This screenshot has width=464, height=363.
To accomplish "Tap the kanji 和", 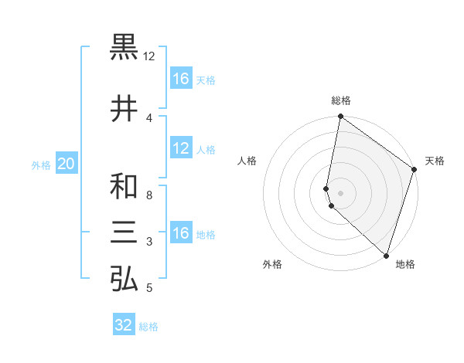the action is click(x=125, y=186).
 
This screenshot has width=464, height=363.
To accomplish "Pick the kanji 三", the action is click(x=125, y=232).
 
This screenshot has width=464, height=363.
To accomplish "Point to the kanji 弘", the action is click(x=125, y=279).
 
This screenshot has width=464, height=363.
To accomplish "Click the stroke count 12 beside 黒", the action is click(x=149, y=56).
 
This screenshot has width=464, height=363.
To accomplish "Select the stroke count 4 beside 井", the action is click(x=149, y=117).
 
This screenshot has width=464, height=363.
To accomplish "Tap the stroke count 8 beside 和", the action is click(x=149, y=195).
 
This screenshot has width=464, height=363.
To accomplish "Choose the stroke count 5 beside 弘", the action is click(x=149, y=288).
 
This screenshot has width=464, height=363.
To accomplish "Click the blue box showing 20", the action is click(x=66, y=164).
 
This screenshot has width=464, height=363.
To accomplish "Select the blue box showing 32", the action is click(x=124, y=325).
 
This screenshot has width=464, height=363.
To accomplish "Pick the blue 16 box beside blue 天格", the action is click(x=181, y=79).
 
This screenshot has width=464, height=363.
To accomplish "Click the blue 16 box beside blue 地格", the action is click(x=181, y=233).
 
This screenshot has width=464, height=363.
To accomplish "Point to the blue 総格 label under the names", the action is click(x=148, y=327).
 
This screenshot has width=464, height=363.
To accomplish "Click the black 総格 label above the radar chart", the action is click(x=341, y=100).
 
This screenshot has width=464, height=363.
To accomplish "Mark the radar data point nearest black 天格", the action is click(x=415, y=171).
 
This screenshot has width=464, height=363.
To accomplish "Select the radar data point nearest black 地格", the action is click(x=386, y=256).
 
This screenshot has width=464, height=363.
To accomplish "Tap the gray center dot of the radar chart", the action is click(x=341, y=192).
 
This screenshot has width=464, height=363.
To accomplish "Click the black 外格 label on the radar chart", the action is click(x=272, y=264).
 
